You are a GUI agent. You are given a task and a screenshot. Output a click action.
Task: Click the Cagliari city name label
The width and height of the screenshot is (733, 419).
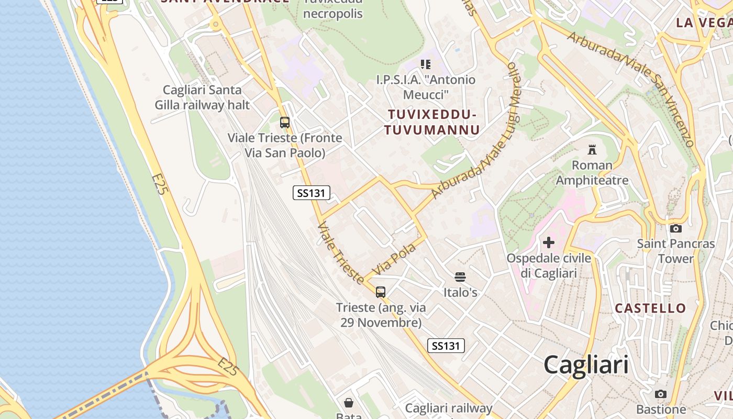point(586,364)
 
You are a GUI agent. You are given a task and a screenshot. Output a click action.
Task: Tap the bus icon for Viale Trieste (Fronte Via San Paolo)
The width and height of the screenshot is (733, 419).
point(285,123)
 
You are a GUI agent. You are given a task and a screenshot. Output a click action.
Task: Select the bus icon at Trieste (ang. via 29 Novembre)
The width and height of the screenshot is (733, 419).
point(381,292)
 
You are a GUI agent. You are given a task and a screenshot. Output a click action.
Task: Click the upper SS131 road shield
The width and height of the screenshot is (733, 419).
point(311,193)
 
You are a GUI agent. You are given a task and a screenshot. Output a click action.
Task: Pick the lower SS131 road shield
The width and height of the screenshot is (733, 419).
point(446,346)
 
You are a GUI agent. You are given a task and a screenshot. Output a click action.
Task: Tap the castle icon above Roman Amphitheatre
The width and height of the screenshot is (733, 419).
point(592,150)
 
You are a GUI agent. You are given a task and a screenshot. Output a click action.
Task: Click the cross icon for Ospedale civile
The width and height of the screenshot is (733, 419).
point(549,242)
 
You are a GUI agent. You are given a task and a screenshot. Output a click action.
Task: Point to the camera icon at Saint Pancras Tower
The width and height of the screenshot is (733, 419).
point(676,228)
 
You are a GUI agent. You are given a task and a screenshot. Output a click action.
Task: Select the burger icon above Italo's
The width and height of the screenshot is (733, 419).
point(460,277)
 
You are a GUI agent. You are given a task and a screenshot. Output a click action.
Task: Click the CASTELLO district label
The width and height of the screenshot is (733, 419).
point(650,308)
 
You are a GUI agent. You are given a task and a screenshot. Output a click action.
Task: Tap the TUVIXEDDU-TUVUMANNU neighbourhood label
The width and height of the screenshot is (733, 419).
point(432,122)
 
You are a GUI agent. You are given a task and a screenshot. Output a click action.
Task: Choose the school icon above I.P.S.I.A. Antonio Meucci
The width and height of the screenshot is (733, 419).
point(425,64)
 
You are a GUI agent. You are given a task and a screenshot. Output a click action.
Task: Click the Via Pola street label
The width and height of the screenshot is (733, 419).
point(393,259)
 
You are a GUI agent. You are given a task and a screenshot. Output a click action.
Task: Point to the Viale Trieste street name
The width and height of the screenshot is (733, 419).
point(341,253)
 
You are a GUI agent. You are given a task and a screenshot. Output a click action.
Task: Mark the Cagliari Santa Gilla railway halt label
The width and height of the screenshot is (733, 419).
point(202,97)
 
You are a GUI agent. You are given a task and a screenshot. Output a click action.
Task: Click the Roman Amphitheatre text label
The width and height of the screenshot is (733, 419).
point(592,173)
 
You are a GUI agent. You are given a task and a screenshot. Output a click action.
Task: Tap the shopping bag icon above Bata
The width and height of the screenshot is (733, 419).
point(349,402)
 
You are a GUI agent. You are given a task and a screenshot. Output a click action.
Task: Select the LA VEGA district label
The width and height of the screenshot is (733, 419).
point(703,23)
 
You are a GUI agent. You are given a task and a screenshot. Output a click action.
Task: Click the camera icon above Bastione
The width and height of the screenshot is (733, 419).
point(661,394)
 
